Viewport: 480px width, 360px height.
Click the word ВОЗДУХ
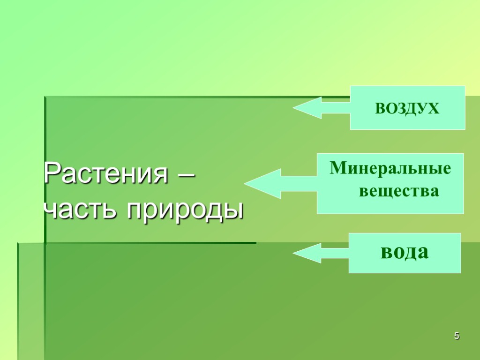point(407,109)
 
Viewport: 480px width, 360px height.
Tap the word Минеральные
point(390,168)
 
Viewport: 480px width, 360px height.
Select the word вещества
point(399,191)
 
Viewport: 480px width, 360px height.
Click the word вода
point(404,253)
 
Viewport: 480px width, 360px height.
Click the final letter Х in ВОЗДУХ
point(434,109)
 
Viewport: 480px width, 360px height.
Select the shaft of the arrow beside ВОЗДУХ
point(336,108)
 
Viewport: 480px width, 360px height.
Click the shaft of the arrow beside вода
point(335,253)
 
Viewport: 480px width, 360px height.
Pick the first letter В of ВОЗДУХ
point(380,109)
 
